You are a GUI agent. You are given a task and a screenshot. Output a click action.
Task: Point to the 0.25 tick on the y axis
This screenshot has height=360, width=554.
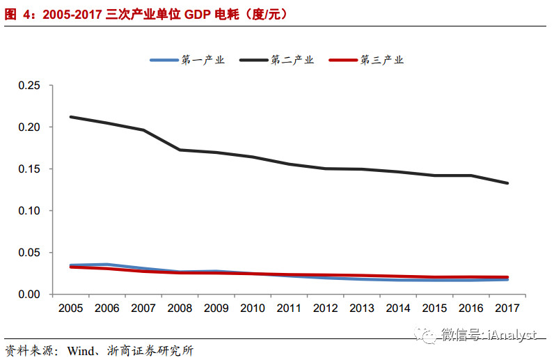(x=30, y=86)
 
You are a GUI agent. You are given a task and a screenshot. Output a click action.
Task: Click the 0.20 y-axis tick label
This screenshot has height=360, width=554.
(x=30, y=127)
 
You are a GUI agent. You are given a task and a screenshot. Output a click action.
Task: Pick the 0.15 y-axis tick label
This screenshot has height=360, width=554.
(x=30, y=169)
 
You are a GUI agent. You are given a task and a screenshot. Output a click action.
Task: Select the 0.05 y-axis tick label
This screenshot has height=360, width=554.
(x=30, y=253)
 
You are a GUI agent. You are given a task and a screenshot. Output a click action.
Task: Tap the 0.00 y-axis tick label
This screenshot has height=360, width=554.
(x=30, y=295)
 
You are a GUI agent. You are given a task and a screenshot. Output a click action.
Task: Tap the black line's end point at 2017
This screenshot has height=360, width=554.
(x=507, y=183)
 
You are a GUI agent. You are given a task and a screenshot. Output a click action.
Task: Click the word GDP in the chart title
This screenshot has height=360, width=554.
(x=200, y=13)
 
